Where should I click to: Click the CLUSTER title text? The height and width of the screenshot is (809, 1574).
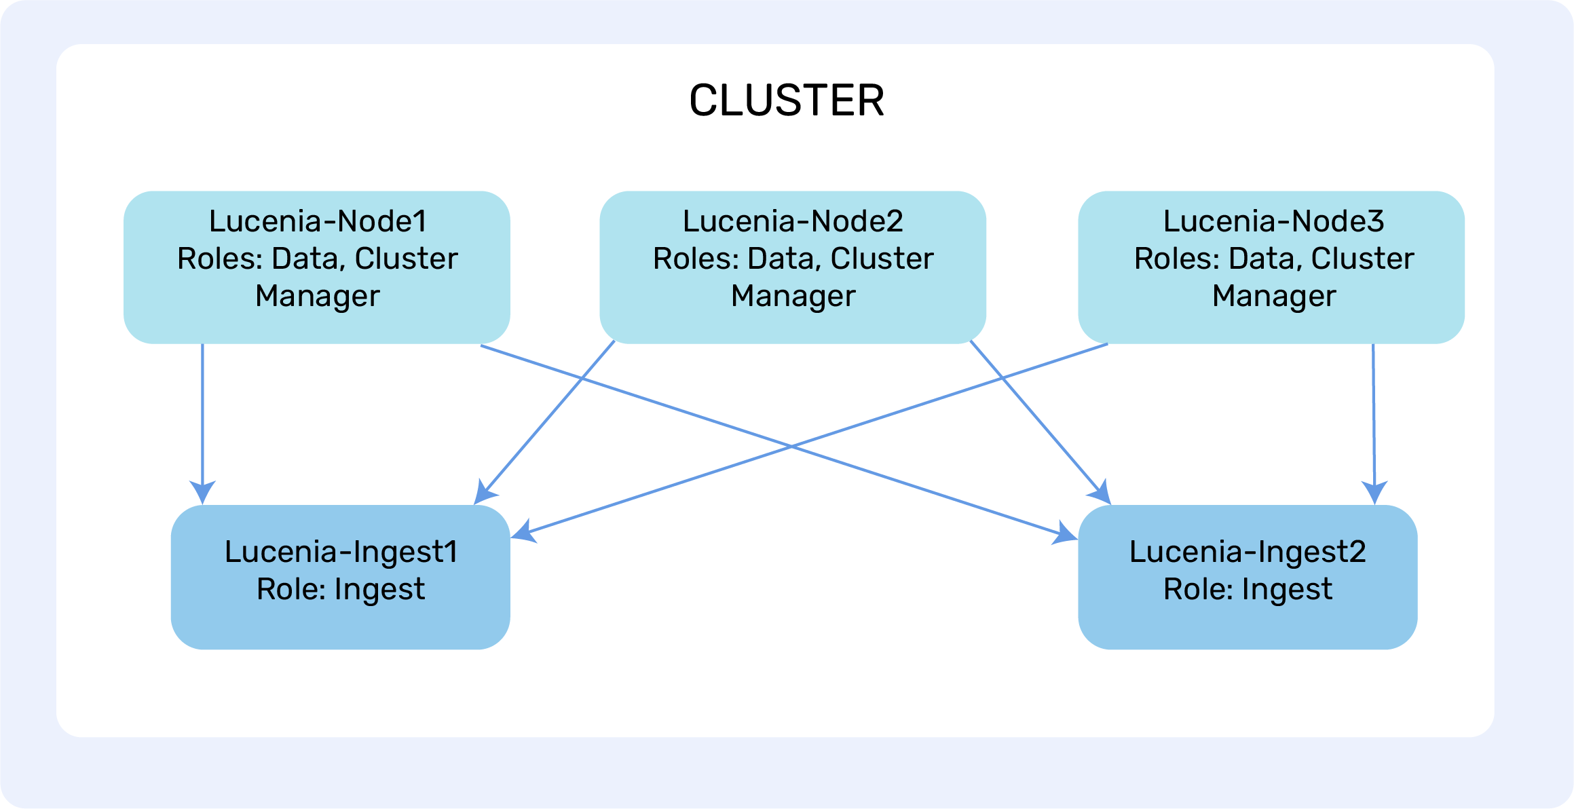point(787,100)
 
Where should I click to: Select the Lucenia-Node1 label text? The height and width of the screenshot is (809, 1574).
point(318,221)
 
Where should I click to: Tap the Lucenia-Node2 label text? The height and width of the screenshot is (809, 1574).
point(793,221)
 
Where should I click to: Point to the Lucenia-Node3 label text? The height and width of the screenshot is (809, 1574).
point(1273,221)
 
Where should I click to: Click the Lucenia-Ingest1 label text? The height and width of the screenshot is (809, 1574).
point(341,552)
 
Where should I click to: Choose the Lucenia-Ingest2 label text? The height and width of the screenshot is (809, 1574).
point(1248,552)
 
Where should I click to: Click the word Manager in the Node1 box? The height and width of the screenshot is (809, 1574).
point(318,296)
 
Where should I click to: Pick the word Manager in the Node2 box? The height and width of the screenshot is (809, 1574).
point(793,296)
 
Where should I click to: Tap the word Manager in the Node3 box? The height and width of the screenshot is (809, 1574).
point(1274,296)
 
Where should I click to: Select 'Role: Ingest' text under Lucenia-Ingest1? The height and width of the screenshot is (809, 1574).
point(341,589)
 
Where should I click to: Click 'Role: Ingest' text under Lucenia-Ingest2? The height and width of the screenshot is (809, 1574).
point(1248,589)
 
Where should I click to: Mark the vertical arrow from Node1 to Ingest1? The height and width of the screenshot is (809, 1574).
point(202,421)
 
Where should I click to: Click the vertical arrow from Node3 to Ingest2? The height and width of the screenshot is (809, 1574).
point(1374,421)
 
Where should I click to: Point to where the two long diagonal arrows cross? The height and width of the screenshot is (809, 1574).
point(791,446)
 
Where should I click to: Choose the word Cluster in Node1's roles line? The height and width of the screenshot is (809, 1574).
point(406,259)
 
